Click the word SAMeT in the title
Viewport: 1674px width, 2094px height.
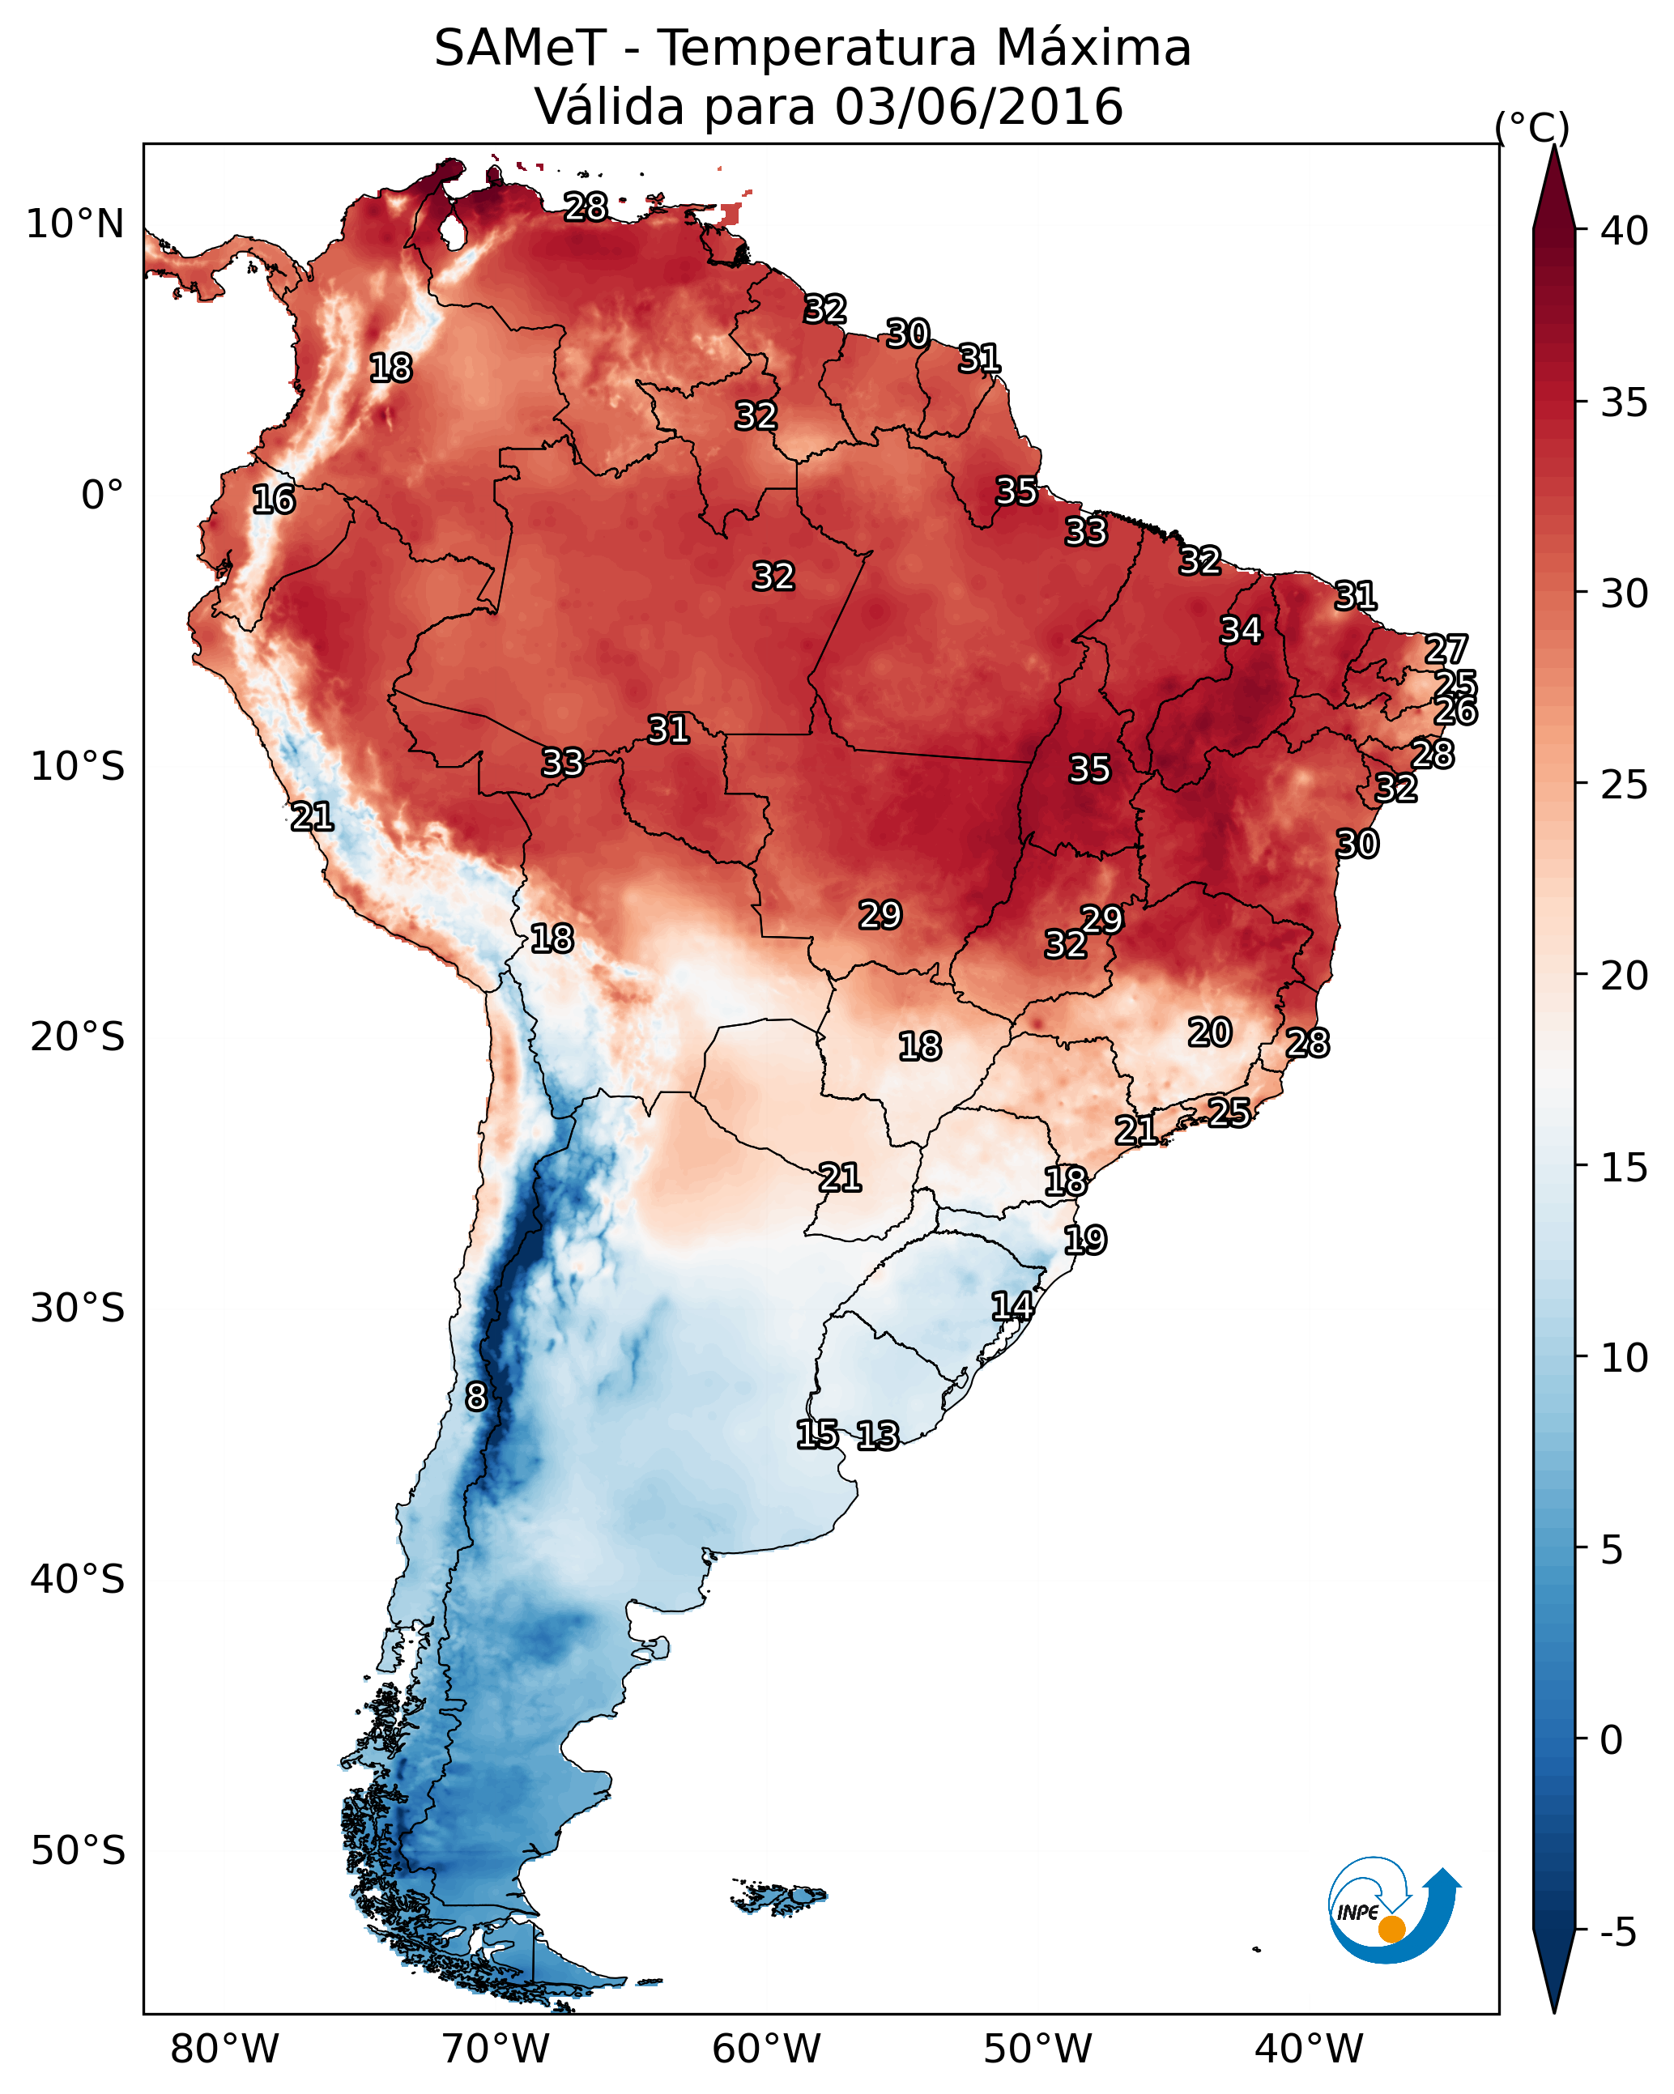[x=520, y=49]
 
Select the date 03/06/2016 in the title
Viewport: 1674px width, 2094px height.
[x=978, y=107]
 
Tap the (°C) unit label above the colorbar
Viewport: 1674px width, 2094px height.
[x=1531, y=127]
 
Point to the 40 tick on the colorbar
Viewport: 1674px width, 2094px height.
[x=1625, y=231]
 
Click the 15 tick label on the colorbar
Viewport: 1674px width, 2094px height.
[x=1625, y=1168]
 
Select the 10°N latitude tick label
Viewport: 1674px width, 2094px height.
[x=75, y=224]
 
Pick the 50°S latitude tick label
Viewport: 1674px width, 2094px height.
[x=78, y=1851]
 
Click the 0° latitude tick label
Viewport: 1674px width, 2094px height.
[x=102, y=496]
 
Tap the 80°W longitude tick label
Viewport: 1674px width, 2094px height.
[x=224, y=2049]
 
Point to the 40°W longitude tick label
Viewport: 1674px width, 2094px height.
[x=1309, y=2049]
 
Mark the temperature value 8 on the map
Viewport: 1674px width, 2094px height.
[x=475, y=1397]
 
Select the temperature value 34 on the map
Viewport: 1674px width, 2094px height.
[x=1241, y=630]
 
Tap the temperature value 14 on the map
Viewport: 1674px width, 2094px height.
[x=1012, y=1306]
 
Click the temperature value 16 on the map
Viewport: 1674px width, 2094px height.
[x=273, y=500]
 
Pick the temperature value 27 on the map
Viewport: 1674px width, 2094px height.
[x=1446, y=649]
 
